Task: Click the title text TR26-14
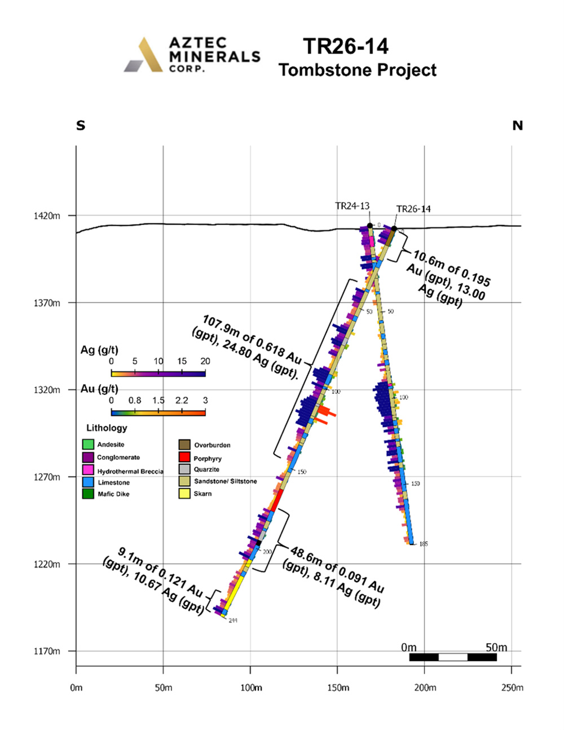click(346, 47)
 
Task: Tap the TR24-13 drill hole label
click(352, 206)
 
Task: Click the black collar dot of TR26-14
click(394, 228)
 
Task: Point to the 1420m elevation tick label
click(47, 216)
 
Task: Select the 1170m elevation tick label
click(47, 652)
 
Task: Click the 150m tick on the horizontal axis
click(338, 688)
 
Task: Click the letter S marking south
click(81, 126)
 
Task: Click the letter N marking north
click(517, 126)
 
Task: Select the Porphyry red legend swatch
click(184, 457)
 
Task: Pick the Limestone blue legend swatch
click(88, 482)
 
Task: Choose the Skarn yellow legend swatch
click(184, 494)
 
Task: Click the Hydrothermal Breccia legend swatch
click(88, 470)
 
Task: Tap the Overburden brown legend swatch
click(184, 445)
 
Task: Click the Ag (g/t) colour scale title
click(99, 350)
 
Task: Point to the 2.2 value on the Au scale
click(182, 401)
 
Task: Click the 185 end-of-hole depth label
click(424, 544)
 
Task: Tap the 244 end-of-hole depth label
click(233, 620)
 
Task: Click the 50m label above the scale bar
click(496, 647)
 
